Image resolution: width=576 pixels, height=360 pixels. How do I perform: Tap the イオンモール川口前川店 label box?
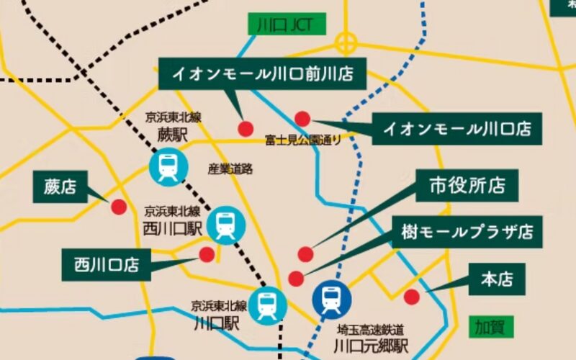coord(261,74)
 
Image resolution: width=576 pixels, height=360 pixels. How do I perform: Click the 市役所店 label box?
coord(467,185)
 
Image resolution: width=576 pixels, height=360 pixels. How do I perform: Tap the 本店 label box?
coord(497,279)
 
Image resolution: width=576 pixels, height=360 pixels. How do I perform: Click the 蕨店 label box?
coord(60,188)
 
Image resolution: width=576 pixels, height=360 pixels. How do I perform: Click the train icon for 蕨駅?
coord(167,167)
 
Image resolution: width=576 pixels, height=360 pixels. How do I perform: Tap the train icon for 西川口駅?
coord(225,225)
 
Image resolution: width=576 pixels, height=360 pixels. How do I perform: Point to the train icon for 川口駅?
coord(268,305)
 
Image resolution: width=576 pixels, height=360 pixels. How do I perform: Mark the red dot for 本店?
coord(412,297)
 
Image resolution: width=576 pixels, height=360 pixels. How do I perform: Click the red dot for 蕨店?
coord(119,207)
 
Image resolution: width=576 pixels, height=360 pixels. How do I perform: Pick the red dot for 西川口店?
coord(207,254)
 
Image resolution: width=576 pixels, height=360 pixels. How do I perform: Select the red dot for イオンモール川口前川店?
coord(246,128)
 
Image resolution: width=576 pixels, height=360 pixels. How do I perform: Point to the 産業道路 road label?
coord(230,169)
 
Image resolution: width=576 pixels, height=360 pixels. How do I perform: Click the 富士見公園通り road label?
coord(302,139)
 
